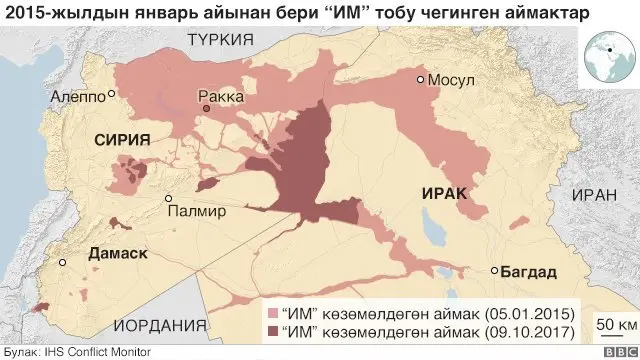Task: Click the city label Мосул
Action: (x=452, y=80)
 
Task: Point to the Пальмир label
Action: (x=207, y=211)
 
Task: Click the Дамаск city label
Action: (x=118, y=255)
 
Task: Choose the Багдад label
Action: (x=530, y=272)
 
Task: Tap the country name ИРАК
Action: (x=444, y=193)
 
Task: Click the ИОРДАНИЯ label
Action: (x=153, y=325)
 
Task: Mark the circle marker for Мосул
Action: (x=421, y=79)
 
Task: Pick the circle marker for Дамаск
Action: (x=63, y=262)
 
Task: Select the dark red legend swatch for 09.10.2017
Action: (x=272, y=329)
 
